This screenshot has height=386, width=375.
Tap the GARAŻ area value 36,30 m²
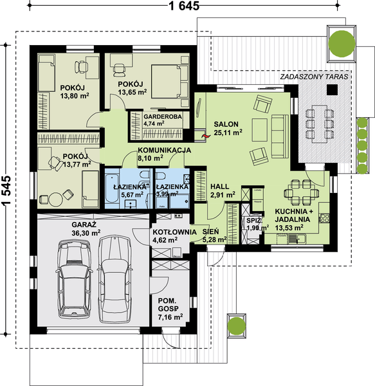click(x=86, y=232)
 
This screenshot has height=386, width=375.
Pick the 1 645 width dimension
click(x=184, y=6)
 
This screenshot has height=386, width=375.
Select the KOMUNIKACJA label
click(x=163, y=149)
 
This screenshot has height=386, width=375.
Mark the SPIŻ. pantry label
click(x=252, y=221)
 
